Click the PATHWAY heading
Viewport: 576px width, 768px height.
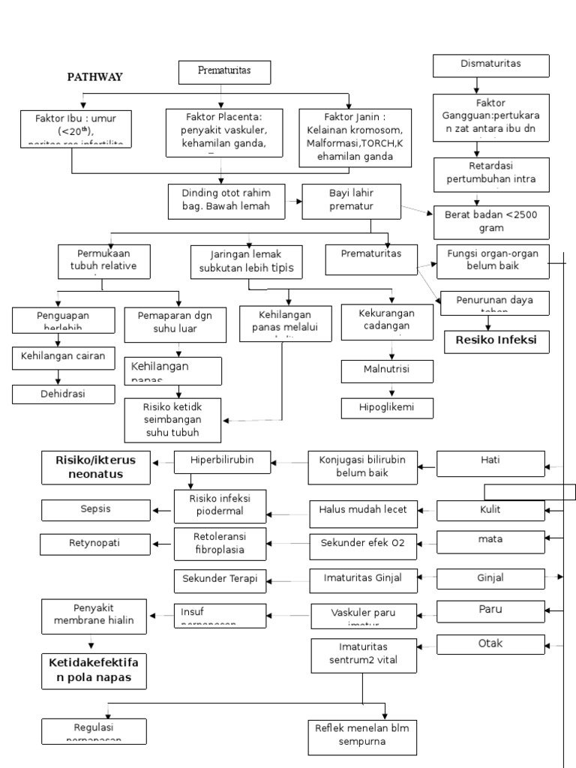click(95, 76)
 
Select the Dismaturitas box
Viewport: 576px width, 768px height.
click(491, 65)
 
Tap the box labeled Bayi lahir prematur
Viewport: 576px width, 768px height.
click(351, 200)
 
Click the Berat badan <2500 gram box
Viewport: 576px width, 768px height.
click(491, 221)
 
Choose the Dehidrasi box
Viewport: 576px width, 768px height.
click(64, 394)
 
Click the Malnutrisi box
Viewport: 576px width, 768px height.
click(387, 370)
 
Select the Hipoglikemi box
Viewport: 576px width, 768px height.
click(387, 408)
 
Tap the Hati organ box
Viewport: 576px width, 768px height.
click(490, 463)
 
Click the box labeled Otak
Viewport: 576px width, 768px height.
click(490, 643)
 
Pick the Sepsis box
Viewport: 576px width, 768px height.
click(95, 509)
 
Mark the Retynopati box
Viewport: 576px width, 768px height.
click(95, 543)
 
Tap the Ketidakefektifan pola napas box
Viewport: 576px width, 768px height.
click(94, 670)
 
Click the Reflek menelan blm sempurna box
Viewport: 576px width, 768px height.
click(362, 736)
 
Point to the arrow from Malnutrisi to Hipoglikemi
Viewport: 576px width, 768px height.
click(390, 390)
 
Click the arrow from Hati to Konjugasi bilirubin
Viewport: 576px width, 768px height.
click(427, 468)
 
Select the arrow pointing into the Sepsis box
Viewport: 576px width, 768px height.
click(161, 511)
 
